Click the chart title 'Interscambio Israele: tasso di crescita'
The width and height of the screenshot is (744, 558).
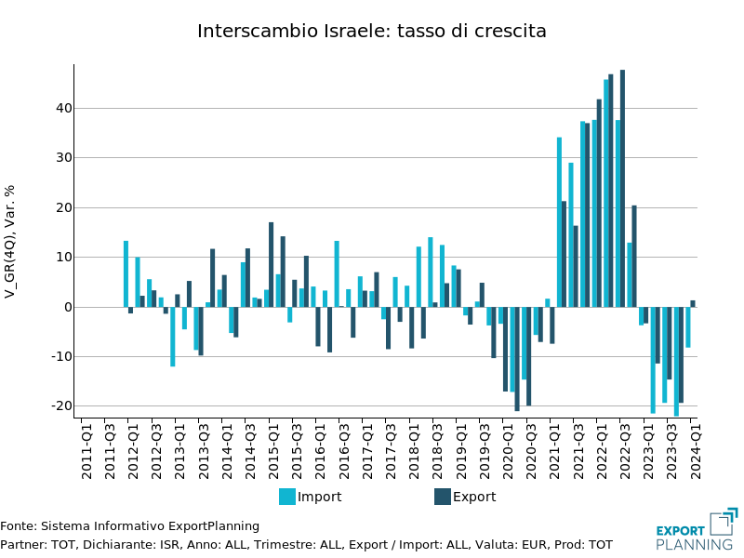[372, 31]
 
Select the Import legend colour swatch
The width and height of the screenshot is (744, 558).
[287, 497]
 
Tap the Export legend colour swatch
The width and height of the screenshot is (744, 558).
[443, 497]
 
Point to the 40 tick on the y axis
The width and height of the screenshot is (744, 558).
[62, 108]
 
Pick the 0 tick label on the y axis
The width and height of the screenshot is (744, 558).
[65, 307]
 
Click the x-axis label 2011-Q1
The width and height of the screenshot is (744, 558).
[86, 450]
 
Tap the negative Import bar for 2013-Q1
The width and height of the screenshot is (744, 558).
[172, 337]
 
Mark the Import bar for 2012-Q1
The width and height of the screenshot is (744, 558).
[126, 273]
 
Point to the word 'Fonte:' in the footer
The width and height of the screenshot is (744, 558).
[18, 526]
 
